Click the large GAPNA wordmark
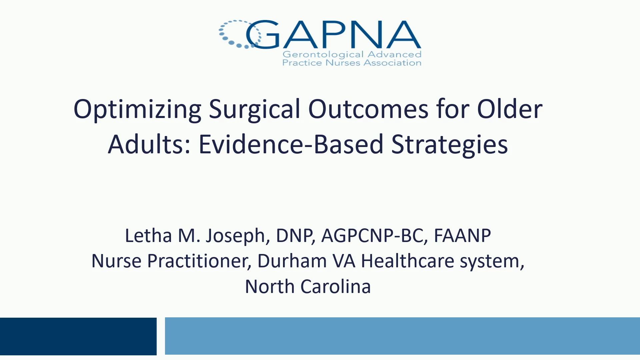point(333,35)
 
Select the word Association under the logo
point(392,63)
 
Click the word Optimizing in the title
point(137,109)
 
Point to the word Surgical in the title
point(255,109)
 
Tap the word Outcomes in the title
point(368,109)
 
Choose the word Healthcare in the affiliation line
point(408,261)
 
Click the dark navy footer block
point(78,336)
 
